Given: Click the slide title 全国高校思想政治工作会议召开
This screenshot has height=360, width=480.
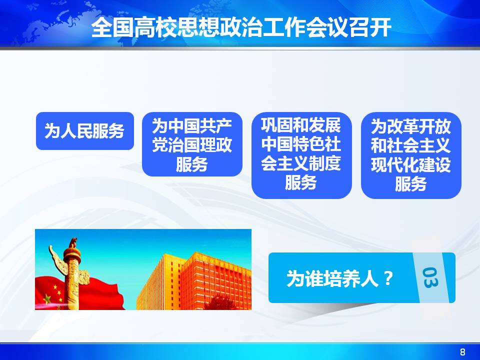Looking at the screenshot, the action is coord(241,27).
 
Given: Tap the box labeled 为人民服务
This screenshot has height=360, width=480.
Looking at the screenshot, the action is coord(85,131).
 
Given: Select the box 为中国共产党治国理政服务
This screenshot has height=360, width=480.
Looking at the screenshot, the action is coord(192,144).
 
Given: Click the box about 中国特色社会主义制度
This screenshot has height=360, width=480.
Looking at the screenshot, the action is coord(301,155).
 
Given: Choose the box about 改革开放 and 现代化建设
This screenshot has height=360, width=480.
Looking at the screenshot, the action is coord(411,155).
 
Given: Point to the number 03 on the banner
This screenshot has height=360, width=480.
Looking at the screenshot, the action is coord(430,277).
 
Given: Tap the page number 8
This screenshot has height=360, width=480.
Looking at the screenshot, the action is coord(462,351).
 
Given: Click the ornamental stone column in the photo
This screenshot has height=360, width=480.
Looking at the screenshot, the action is coord(71,274).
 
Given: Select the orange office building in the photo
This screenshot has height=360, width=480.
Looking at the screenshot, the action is coord(194,281).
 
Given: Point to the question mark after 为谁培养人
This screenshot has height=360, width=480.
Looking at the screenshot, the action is coord(388,278).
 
